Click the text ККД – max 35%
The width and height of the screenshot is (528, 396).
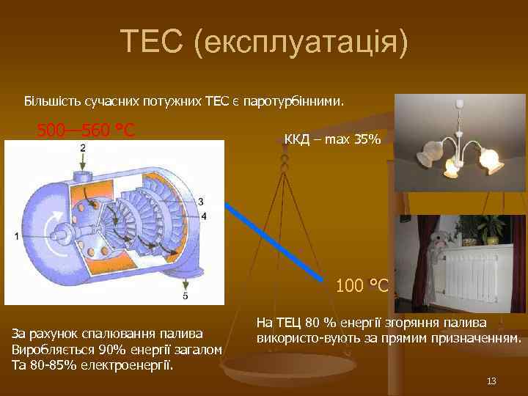(332, 139)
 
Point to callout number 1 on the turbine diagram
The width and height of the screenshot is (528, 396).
(16, 235)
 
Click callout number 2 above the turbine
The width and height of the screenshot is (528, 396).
(83, 148)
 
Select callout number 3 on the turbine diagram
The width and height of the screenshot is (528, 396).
(200, 202)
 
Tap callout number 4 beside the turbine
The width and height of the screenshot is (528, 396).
(203, 216)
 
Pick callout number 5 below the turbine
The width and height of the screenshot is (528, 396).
(185, 296)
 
